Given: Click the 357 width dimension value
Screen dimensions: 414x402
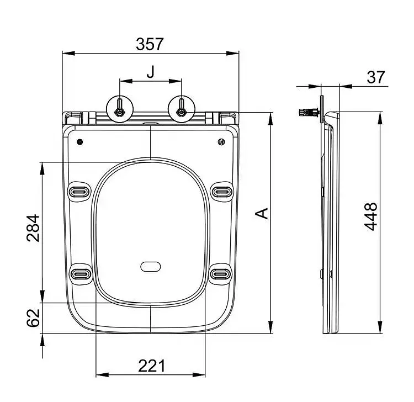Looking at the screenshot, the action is click(150, 44).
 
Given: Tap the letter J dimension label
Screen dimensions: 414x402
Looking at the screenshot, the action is click(151, 72).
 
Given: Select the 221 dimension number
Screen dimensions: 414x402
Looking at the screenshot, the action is click(152, 366).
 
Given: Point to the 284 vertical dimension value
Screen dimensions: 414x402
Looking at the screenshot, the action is click(33, 228).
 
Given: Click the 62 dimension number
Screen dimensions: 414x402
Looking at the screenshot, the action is click(33, 318).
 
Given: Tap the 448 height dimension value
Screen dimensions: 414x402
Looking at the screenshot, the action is click(371, 216).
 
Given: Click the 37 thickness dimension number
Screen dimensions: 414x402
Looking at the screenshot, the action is click(376, 77).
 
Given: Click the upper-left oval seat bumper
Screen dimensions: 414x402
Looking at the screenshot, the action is click(79, 191).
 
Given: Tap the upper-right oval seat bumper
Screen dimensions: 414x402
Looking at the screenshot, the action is click(222, 191).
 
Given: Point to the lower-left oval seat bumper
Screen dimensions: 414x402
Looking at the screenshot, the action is click(80, 274).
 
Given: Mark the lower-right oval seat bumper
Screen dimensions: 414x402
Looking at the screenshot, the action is click(220, 273).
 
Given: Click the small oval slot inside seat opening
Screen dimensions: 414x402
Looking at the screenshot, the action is click(151, 267).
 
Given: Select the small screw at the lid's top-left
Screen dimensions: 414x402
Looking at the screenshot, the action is click(79, 142).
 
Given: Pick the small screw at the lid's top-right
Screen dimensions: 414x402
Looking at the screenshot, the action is click(221, 142).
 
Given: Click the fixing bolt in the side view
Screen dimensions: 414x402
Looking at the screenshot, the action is click(310, 113).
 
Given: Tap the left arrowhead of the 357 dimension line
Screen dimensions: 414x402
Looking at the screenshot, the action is click(68, 54).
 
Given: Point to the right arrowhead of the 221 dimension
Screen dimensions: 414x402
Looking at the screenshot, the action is click(199, 374).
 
